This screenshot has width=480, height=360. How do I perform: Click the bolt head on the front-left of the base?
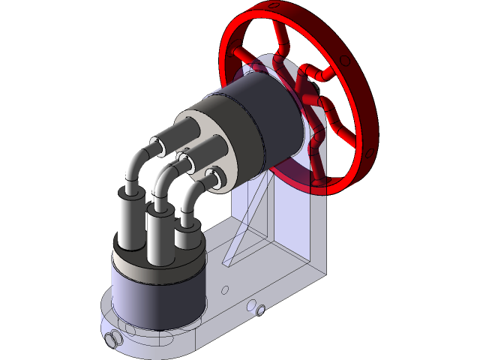[115, 340]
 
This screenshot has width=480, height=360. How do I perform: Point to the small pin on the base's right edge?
[256, 307]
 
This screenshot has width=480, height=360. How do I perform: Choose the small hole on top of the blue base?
[224, 288]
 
